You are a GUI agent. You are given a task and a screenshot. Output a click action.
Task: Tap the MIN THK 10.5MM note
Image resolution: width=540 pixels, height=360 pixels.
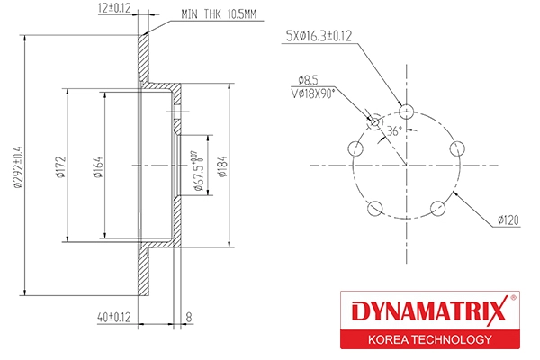pyautogui.click(x=220, y=14)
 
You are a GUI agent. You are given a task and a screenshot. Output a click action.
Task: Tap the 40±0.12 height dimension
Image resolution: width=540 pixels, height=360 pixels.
pyautogui.click(x=113, y=316)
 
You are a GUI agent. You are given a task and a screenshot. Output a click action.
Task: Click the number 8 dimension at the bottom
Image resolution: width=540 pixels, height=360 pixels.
pyautogui.click(x=189, y=316)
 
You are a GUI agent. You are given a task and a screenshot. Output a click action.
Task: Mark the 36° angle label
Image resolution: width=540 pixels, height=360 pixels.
pyautogui.click(x=393, y=130)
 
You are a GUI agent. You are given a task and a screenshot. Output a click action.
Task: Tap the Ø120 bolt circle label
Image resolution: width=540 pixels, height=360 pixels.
pyautogui.click(x=509, y=219)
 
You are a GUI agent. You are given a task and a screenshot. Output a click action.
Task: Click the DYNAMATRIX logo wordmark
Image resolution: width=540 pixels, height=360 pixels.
pyautogui.click(x=427, y=312)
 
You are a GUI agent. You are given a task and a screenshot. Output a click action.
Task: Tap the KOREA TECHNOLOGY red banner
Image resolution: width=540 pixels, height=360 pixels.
pyautogui.click(x=427, y=339)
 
